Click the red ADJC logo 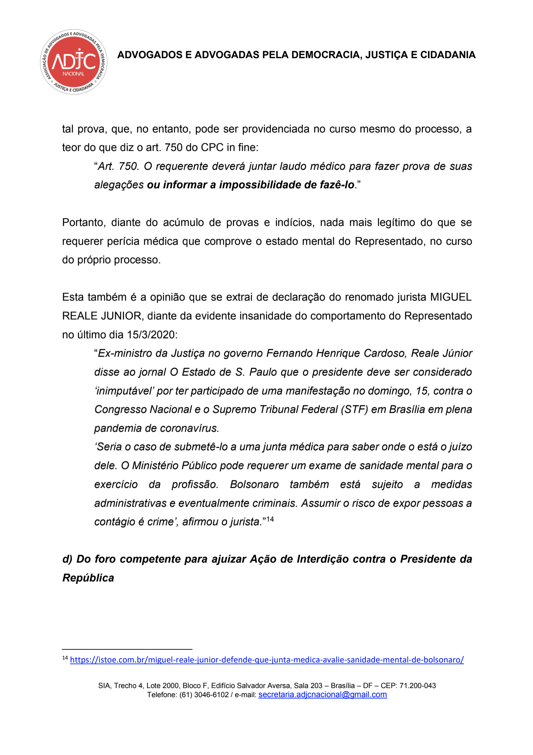click(74, 62)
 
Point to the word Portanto click(84, 222)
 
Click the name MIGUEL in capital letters click(451, 297)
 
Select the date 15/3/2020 click(152, 335)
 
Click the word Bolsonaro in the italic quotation click(254, 484)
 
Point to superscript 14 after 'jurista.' click(270, 519)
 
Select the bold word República click(88, 578)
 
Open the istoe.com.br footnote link click(267, 660)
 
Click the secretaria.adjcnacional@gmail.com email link click(322, 695)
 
